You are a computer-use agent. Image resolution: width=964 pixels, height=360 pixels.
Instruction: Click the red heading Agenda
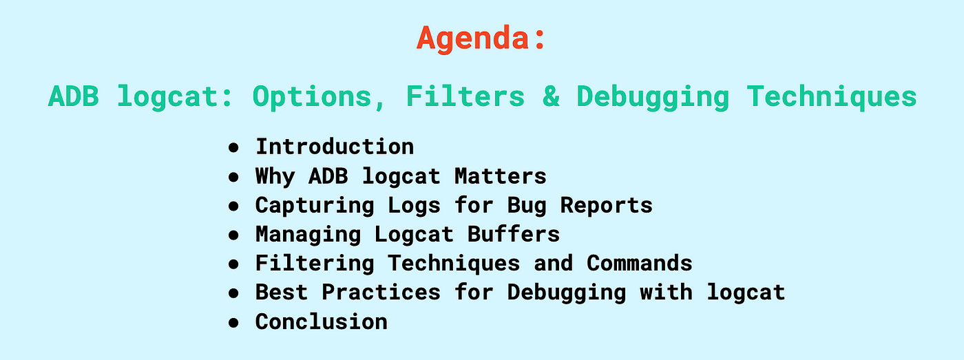coord(481,39)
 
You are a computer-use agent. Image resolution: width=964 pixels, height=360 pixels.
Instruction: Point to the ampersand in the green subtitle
coord(551,96)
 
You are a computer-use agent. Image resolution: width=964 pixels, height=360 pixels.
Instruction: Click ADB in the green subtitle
coord(74,96)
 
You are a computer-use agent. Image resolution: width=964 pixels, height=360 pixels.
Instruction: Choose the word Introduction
coord(335,147)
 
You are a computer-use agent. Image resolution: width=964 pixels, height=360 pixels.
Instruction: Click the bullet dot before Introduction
coord(233,148)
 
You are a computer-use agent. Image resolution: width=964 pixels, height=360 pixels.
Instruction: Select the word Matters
coord(501,176)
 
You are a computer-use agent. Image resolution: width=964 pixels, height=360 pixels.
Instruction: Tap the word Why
coord(275,177)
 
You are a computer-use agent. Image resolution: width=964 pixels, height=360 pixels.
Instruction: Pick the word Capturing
coord(315,206)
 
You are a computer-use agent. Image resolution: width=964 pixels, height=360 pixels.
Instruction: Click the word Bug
coord(527,206)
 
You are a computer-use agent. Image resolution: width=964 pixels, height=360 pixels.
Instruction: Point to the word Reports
coord(607,206)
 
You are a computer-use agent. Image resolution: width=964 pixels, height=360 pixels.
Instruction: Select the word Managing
coord(308,235)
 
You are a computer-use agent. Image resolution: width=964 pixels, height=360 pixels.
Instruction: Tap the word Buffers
coord(514,235)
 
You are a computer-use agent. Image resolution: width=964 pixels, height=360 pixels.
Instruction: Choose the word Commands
coord(640,263)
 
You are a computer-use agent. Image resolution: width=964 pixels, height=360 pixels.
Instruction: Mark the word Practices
coord(381,293)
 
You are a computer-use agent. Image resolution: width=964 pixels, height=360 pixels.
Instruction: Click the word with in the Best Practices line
coord(667,293)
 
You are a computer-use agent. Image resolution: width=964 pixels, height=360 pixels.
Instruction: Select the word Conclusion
coord(321,321)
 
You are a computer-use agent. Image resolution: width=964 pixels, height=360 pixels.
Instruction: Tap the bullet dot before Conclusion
coord(233,323)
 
